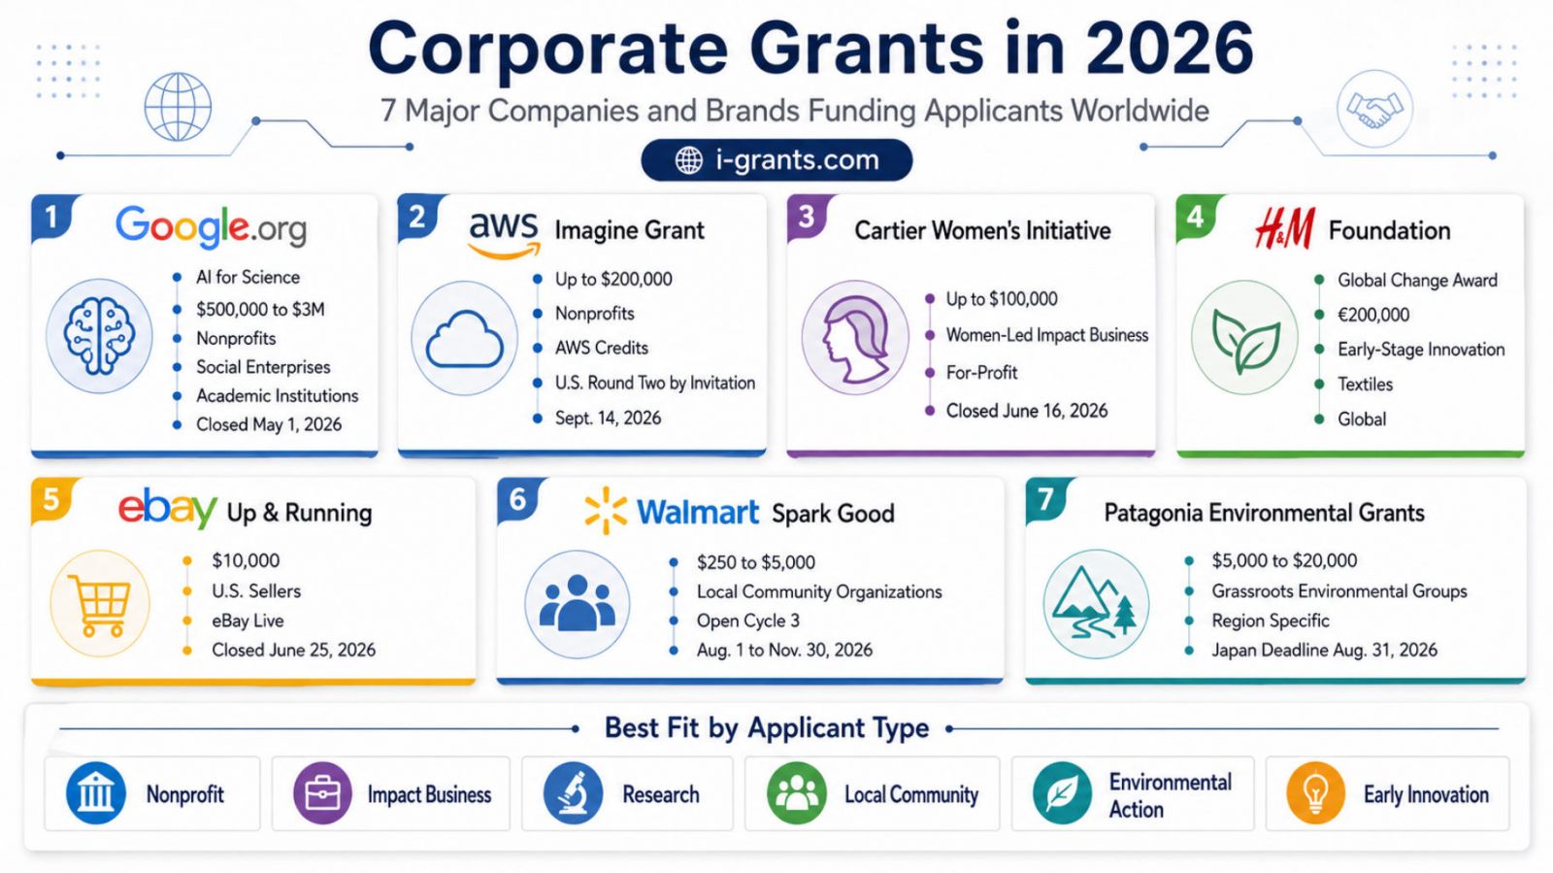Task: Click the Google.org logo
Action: pos(211,226)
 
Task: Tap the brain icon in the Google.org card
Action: pos(99,336)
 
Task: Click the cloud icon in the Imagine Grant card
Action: pos(465,339)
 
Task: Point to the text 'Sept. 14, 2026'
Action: pos(608,419)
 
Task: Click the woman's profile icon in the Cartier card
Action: pos(855,338)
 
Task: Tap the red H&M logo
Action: pos(1285,229)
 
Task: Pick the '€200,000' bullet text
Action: pos(1373,315)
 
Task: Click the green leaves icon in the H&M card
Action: pos(1245,338)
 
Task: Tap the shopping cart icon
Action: pos(101,603)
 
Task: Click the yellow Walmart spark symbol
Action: pos(606,511)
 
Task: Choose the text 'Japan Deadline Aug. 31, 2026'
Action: pos(1324,651)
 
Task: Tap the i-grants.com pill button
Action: pos(776,160)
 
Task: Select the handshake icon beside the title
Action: pos(1374,108)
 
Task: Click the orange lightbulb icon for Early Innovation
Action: pos(1315,793)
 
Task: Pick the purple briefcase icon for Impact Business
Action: pos(322,793)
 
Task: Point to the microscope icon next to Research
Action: pos(573,793)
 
